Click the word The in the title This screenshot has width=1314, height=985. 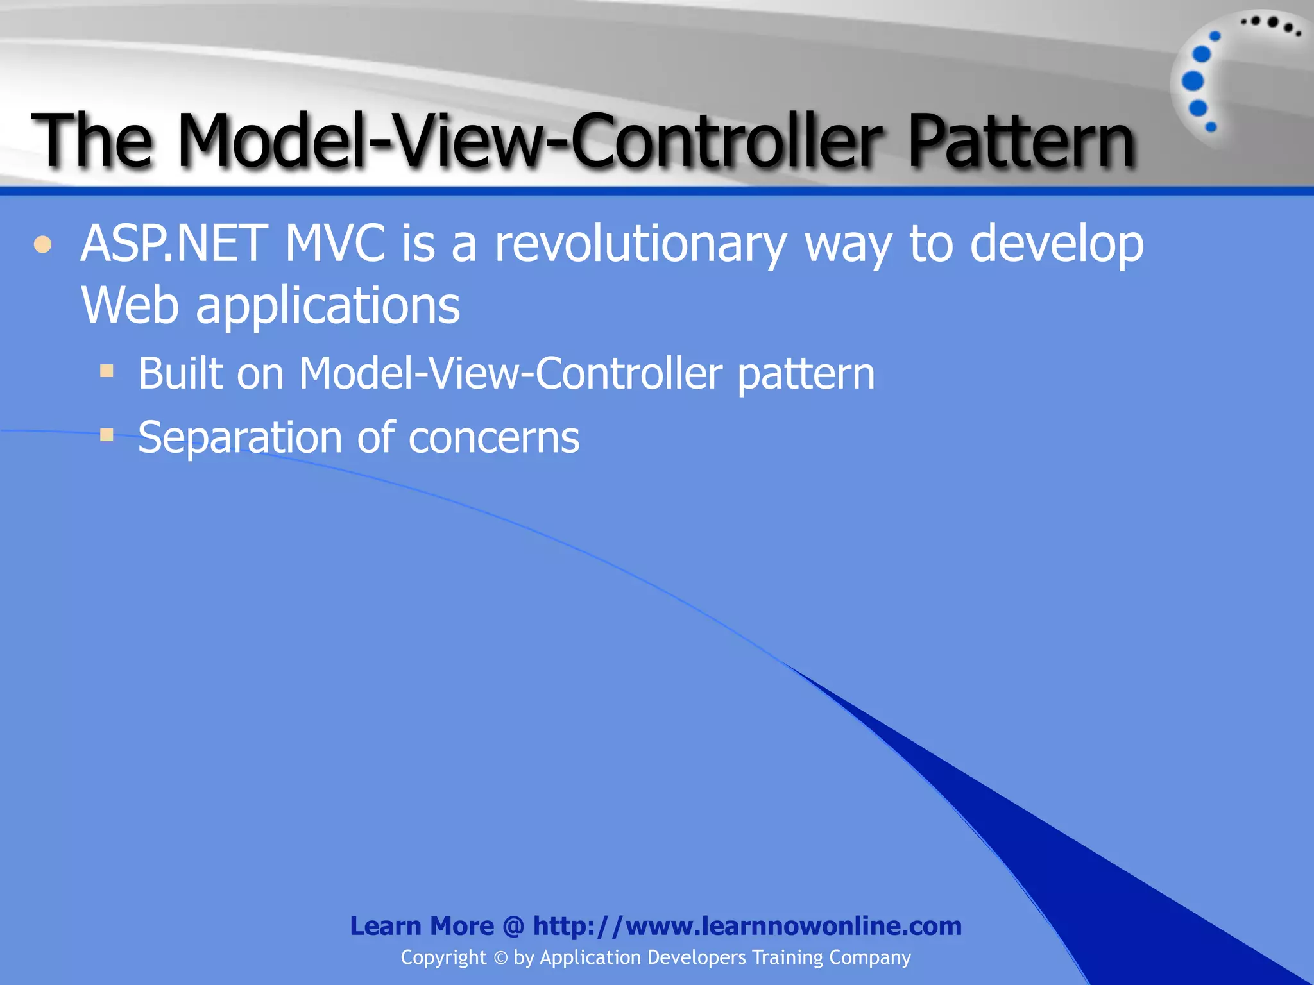[x=93, y=141]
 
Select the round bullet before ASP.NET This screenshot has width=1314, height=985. [x=42, y=245]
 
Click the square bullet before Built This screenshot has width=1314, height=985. [x=107, y=371]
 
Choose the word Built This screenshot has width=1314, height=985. [x=179, y=373]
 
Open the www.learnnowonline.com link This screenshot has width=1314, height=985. [x=747, y=926]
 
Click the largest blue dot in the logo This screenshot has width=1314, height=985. [x=1193, y=81]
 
